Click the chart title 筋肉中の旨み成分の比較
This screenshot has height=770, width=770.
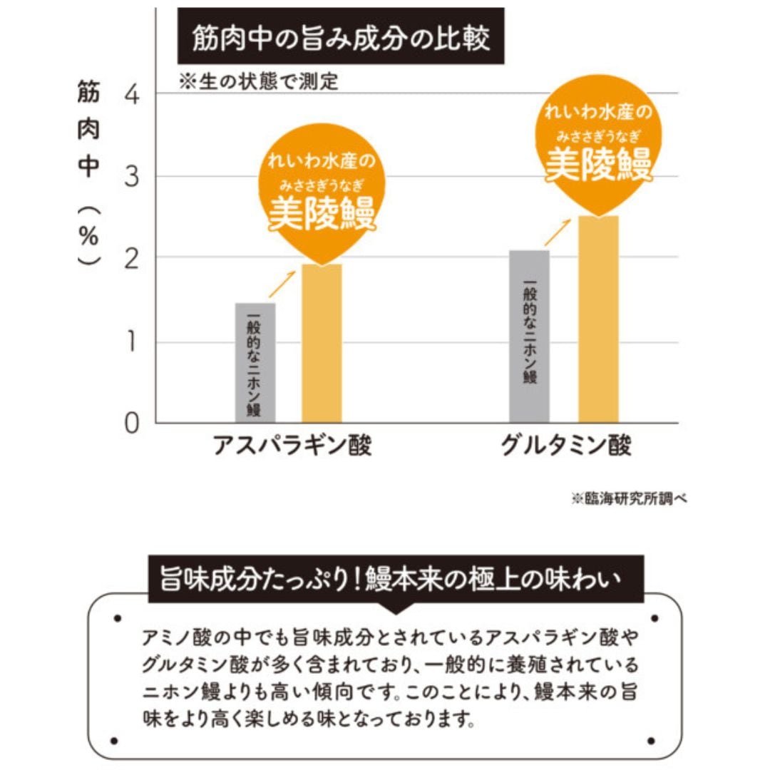pos(341,39)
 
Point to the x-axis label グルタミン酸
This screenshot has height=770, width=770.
pos(566,446)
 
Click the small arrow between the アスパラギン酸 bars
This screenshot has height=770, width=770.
pos(282,283)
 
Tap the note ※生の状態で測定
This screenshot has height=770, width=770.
pos(259,82)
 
